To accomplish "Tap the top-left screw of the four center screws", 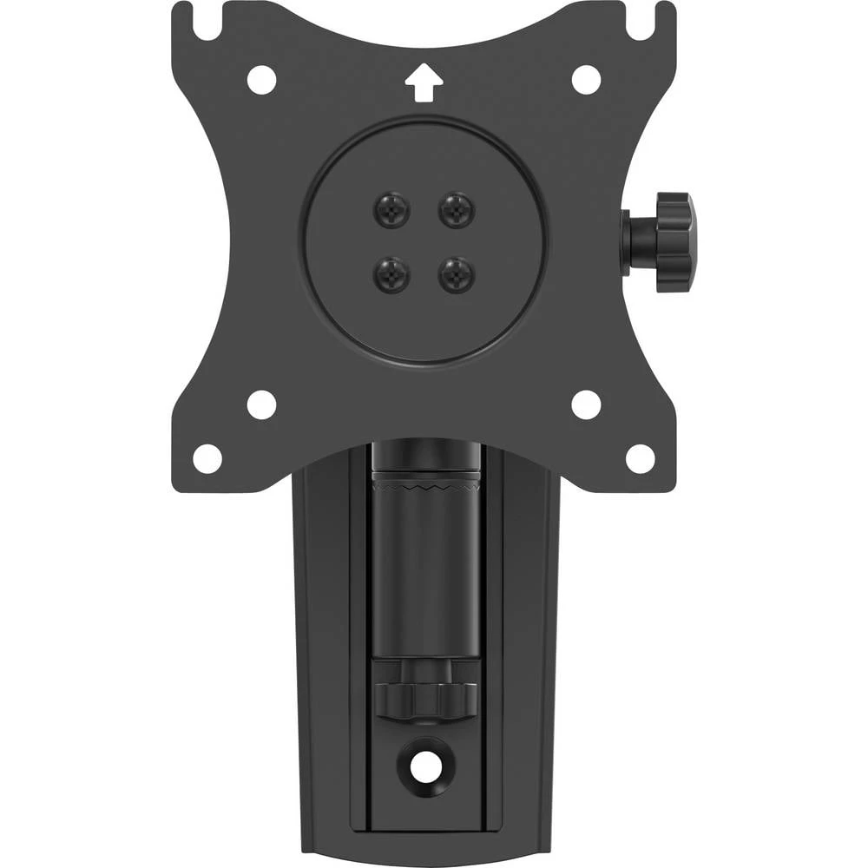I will pyautogui.click(x=391, y=209).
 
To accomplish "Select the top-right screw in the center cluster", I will pyautogui.click(x=457, y=209).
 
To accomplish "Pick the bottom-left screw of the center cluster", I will pyautogui.click(x=391, y=275).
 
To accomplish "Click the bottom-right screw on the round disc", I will pyautogui.click(x=457, y=275).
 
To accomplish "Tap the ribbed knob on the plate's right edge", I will pyautogui.click(x=675, y=241).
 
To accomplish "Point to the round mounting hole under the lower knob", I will pyautogui.click(x=424, y=765).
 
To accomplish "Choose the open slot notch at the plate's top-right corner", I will pyautogui.click(x=642, y=22).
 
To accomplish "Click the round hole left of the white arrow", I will pyautogui.click(x=261, y=80).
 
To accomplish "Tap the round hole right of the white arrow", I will pyautogui.click(x=587, y=80).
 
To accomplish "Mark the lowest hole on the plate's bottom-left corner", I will pyautogui.click(x=207, y=458).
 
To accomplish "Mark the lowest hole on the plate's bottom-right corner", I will pyautogui.click(x=641, y=458).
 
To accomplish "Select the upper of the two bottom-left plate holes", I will pyautogui.click(x=261, y=404).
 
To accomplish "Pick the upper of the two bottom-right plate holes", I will pyautogui.click(x=587, y=404).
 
